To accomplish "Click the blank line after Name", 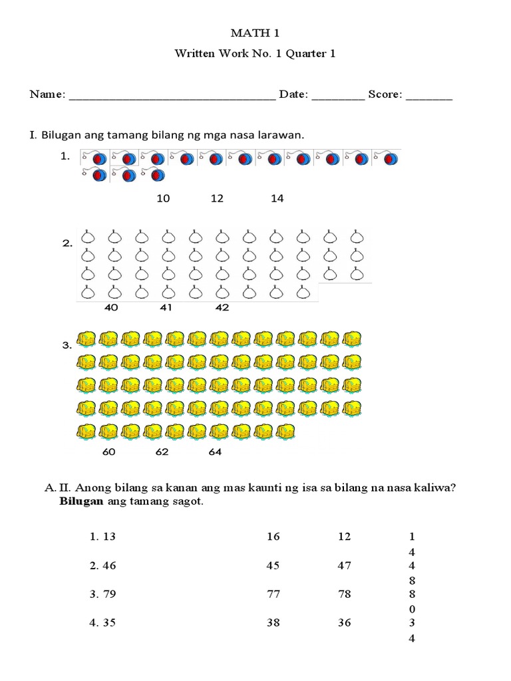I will tap(172, 96).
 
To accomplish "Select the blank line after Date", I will tap(337, 96).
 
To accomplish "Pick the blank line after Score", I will tap(428, 96).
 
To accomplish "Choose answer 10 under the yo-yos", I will tap(163, 198).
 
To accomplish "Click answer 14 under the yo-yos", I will tap(277, 198).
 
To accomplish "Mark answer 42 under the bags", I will tap(222, 308).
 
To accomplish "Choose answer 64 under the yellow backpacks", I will tap(214, 452).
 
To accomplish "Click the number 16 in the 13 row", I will tap(273, 537).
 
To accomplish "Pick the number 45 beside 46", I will tap(273, 566).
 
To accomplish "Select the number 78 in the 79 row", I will tap(344, 595).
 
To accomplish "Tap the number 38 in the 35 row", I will tap(273, 623).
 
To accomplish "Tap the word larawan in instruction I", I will tap(279, 135).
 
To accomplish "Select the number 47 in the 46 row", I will tap(344, 566).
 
